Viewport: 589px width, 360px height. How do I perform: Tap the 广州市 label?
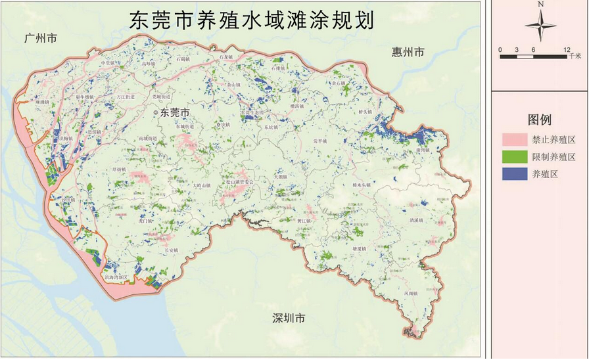(40, 39)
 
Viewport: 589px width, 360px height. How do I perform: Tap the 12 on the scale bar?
(567, 50)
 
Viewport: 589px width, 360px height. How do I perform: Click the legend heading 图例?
(540, 120)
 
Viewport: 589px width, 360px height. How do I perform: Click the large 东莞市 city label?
(175, 112)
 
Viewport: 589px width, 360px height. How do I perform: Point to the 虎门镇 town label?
(146, 221)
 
